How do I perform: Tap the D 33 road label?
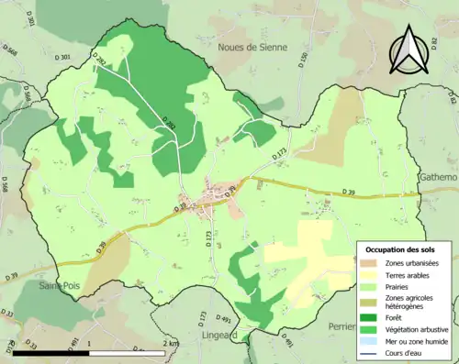[x=30, y=346]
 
